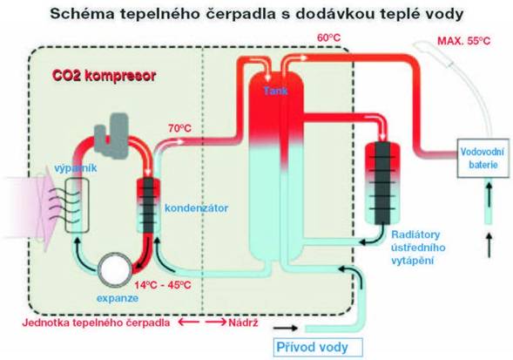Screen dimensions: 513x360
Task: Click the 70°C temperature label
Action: click(179, 128)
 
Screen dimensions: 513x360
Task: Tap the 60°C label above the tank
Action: click(329, 38)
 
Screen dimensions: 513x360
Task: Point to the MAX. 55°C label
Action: click(464, 41)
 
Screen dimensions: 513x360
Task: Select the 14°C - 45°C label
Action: click(163, 285)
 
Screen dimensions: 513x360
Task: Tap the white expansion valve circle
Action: click(115, 269)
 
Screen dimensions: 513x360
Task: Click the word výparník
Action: click(75, 168)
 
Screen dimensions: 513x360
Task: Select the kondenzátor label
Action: click(196, 208)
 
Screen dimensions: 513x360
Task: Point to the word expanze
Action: click(118, 298)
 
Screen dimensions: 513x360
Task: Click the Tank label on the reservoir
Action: click(276, 91)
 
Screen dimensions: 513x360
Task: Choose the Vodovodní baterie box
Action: click(483, 159)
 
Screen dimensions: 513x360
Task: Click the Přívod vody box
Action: click(318, 347)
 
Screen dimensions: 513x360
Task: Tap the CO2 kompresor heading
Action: click(104, 76)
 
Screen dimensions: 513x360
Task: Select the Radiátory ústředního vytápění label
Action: click(418, 248)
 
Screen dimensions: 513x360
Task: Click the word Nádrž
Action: click(243, 323)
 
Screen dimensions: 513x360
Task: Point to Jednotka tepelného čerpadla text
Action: click(96, 323)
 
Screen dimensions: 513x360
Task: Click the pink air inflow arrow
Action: click(31, 207)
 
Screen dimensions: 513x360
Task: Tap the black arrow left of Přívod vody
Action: click(286, 328)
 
